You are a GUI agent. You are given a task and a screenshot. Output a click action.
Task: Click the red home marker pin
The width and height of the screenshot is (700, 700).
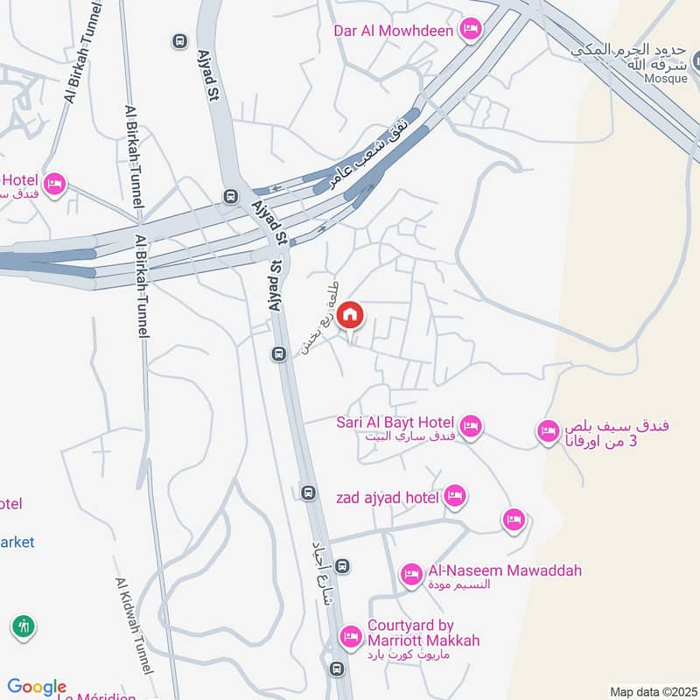(349, 315)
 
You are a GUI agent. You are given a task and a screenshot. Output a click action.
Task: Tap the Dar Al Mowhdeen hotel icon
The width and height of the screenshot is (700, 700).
(471, 30)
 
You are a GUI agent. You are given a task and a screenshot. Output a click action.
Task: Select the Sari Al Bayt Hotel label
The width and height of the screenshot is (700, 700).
(395, 423)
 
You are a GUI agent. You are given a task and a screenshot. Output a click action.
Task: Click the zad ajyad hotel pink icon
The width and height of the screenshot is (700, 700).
(454, 497)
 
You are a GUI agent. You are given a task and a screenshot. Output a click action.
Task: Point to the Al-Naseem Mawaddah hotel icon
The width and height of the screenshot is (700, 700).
(411, 574)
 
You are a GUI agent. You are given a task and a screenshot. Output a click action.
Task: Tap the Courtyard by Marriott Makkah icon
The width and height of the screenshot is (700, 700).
(351, 635)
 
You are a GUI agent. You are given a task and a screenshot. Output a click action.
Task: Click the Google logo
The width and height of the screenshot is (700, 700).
(37, 688)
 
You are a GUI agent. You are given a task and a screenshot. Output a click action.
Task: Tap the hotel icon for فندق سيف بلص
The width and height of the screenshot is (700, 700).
(549, 430)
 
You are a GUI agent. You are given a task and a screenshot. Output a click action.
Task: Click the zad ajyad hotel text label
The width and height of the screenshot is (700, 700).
(386, 498)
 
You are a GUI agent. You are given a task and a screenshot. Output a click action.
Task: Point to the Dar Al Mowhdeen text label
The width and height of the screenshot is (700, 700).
(393, 31)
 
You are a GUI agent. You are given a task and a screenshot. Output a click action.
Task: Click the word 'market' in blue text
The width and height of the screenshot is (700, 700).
(17, 542)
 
